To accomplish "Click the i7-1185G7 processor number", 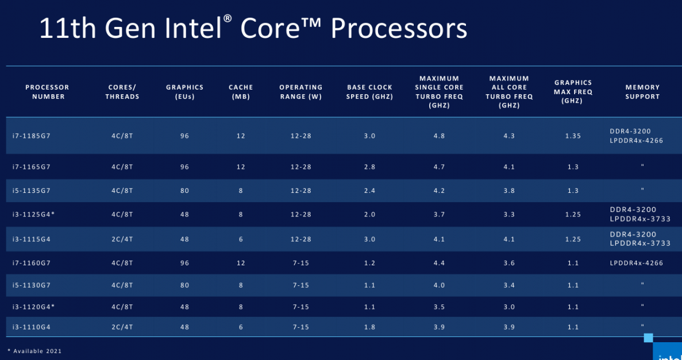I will coord(32,136).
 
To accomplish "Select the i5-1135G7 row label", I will coord(32,191).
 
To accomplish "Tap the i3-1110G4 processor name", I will coord(32,327).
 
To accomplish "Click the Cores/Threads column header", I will coord(122,92).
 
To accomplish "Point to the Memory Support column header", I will coord(642,92).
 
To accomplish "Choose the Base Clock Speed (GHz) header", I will coord(369,92).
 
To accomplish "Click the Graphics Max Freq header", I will coord(573,92).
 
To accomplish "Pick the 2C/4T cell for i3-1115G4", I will coord(122,239).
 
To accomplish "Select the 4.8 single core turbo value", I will coord(440,136).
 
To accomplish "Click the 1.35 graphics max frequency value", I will coord(573,136).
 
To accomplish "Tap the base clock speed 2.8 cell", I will coord(369,167).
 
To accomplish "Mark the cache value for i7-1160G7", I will coord(241,263).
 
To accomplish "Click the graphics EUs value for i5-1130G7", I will coord(184,285).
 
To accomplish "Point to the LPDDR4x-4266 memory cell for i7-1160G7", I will coord(637,263).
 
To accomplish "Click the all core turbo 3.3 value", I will coord(509,215).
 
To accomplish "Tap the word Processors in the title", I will coord(399,28).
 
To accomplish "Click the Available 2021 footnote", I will coord(34,351).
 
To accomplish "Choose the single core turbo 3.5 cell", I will coord(440,307).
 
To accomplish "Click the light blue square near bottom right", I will coord(648,338).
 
